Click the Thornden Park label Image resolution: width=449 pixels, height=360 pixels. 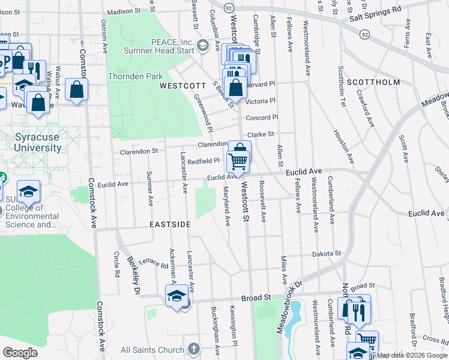[x=135, y=77]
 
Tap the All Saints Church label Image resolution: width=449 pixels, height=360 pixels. [x=152, y=350]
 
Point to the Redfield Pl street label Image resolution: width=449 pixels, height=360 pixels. [x=203, y=161]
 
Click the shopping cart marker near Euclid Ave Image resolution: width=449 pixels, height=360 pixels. [x=238, y=160]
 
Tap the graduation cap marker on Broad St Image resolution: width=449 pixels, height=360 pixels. [x=176, y=296]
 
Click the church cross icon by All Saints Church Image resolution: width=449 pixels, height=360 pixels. [x=193, y=349]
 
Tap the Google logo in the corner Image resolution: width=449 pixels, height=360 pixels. [x=20, y=353]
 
